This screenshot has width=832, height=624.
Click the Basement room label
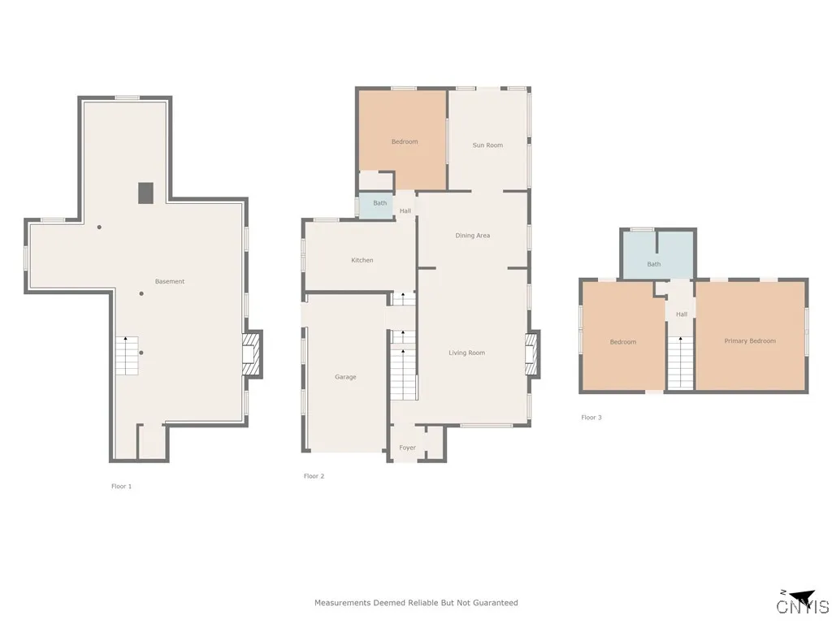pos(170,282)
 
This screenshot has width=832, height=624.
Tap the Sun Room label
pos(487,145)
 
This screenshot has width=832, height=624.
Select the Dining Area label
pos(472,236)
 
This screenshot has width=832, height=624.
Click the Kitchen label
pos(362,260)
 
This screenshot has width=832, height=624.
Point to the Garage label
pos(345,377)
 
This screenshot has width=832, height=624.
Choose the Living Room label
pos(466,353)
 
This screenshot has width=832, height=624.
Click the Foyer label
pos(407,448)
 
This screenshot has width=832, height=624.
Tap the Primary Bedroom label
pos(750,341)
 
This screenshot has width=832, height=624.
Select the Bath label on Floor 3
pos(654,264)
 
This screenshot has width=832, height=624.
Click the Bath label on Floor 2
pos(379,203)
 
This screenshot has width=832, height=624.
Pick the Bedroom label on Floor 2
pos(404,142)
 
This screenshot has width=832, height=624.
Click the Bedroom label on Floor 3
pos(623,342)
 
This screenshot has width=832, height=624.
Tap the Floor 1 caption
pos(121,486)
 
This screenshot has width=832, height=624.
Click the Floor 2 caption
pos(314,476)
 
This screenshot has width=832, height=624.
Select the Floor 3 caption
pos(591,418)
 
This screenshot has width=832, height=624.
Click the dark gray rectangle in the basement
pos(145,193)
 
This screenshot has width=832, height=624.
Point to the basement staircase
pos(127,355)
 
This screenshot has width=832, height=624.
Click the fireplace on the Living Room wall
pos(533,355)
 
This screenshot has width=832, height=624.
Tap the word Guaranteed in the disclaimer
pos(491,603)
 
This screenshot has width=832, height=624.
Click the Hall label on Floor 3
pos(681,314)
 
